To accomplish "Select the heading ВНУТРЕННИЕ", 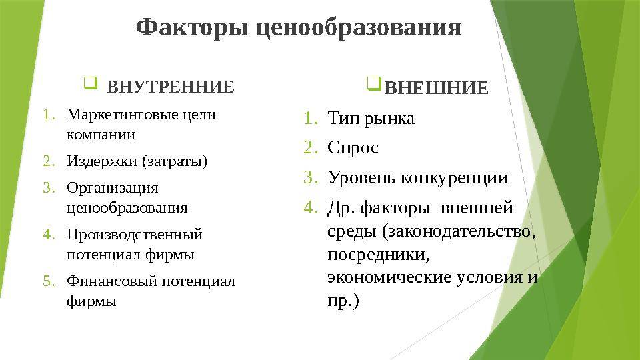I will tap(171, 87).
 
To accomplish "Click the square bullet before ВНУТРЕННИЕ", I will tap(91, 85).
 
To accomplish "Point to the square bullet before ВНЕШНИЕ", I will tap(374, 85).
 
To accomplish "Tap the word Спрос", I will tap(353, 148).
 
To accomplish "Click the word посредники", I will tap(379, 255).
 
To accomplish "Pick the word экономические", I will tap(386, 277).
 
